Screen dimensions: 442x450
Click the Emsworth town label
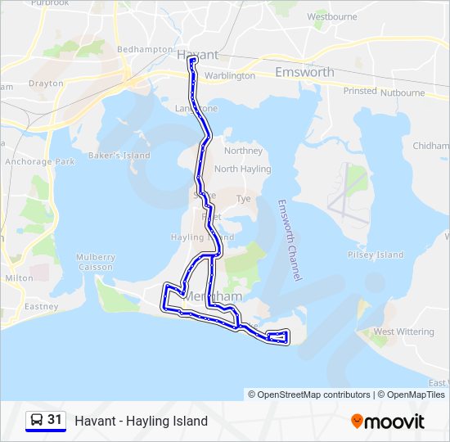coord(304,72)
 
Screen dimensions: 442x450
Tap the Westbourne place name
coord(331,16)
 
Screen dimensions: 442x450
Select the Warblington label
coord(229,76)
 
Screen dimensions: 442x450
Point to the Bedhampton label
coord(145,49)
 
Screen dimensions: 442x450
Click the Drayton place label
coord(46,83)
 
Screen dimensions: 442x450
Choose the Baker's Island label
coord(119,156)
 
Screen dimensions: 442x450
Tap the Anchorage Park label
coord(39,162)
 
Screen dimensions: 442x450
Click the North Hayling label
coord(242,169)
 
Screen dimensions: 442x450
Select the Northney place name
coord(243,151)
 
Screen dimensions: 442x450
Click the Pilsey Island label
coord(376,255)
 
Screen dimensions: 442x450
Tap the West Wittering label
coord(403,331)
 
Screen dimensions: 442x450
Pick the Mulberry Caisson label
coord(96,262)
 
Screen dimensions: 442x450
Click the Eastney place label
coord(41,307)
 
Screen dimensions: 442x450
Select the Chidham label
coord(431,146)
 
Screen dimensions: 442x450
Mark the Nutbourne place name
coord(403,92)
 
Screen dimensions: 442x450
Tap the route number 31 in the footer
coord(55,420)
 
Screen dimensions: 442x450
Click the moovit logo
coord(388,422)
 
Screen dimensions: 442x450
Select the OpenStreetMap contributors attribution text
coord(308,395)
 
